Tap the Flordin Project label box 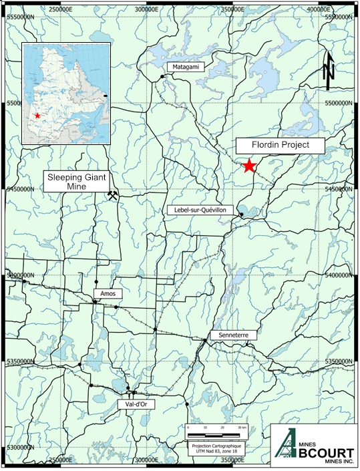[x=271, y=145]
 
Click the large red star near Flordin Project [x=249, y=166]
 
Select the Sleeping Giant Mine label [x=77, y=181]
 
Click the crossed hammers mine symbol [x=114, y=195]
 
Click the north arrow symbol [x=328, y=69]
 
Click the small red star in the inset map [x=37, y=116]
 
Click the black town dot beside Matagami [x=162, y=77]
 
